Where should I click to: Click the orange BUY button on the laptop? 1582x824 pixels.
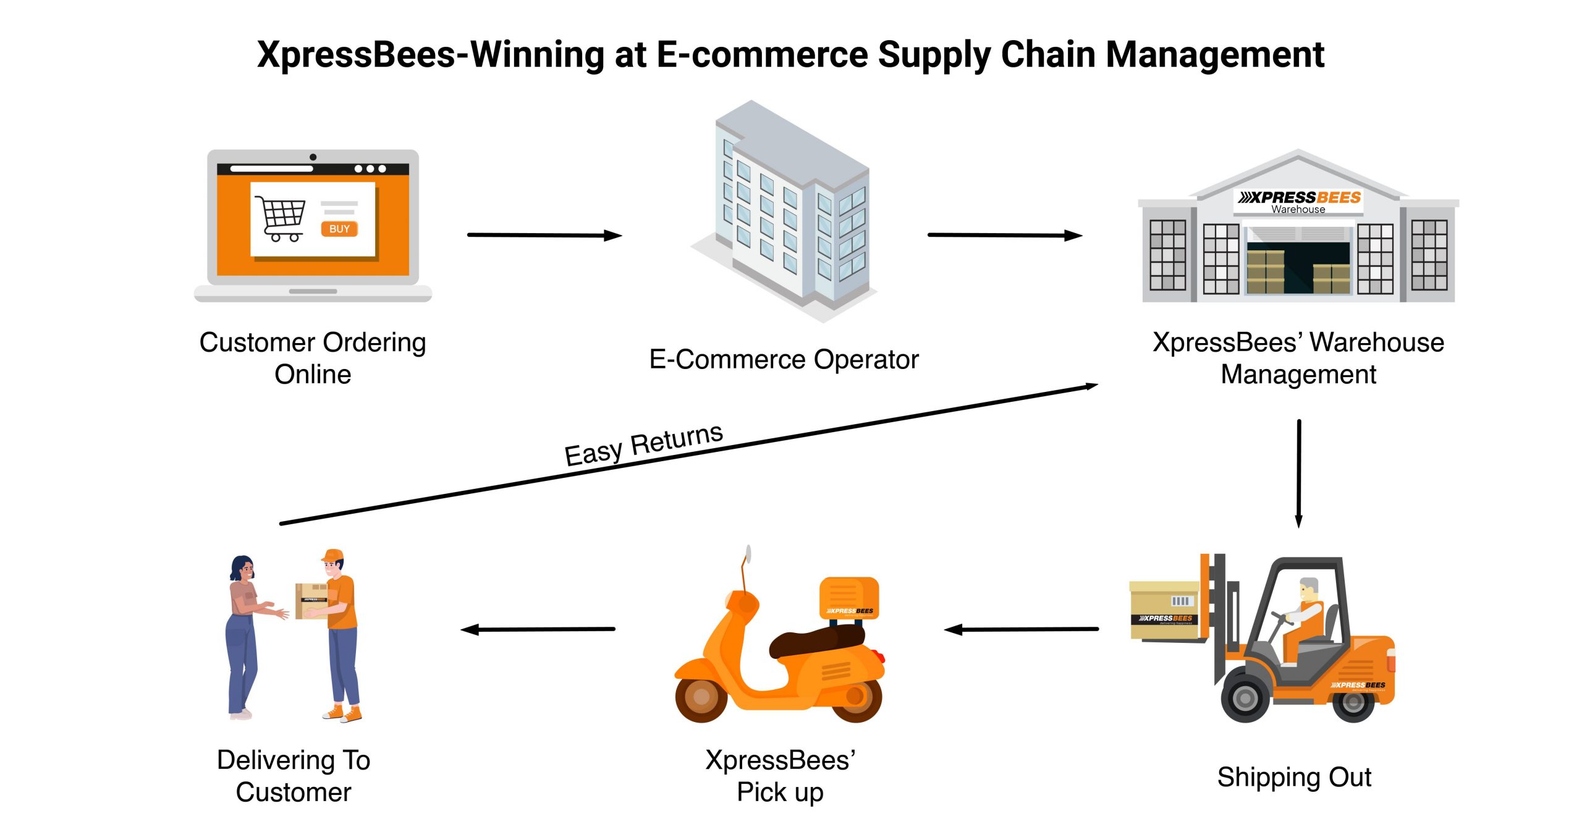[x=339, y=229]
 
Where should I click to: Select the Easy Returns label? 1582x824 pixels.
[x=643, y=444]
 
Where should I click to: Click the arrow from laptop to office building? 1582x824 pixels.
[x=544, y=235]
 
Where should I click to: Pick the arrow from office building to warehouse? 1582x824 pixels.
[x=1004, y=235]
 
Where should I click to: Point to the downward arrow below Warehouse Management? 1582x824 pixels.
[x=1298, y=473]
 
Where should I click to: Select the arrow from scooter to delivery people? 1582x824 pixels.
[x=538, y=629]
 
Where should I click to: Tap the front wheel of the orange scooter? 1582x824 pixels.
[x=701, y=697]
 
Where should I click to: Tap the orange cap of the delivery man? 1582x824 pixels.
[x=333, y=554]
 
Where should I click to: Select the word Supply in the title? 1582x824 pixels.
[x=933, y=54]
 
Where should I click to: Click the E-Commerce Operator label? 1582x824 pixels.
[x=784, y=359]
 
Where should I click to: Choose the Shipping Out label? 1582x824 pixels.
[x=1294, y=777]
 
